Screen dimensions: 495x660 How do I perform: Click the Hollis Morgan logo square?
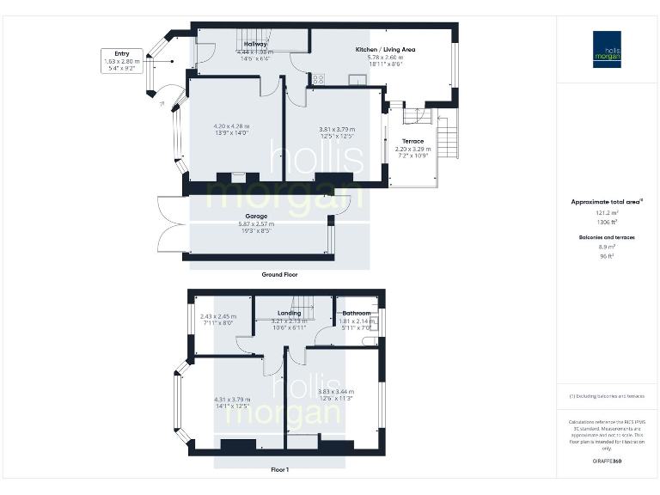tap(607, 50)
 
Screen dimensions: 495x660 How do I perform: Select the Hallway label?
tap(255, 44)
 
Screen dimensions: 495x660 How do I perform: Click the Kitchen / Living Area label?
tap(385, 50)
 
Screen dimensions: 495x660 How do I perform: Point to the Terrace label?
tap(412, 141)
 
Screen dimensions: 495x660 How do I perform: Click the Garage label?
tap(256, 217)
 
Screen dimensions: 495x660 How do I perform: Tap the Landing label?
tap(289, 314)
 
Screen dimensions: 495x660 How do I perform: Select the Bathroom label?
tap(356, 314)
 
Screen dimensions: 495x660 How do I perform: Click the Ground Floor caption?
tap(279, 274)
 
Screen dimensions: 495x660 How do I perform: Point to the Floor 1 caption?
tap(279, 470)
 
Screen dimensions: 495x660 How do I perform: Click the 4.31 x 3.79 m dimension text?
tap(232, 399)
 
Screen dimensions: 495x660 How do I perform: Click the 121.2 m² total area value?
tap(607, 213)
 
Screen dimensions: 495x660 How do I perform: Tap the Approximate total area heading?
tap(607, 202)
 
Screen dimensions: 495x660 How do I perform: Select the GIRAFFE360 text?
tap(607, 461)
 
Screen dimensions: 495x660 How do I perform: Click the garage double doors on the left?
tap(170, 224)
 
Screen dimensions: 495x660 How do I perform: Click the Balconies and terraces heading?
tap(607, 236)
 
